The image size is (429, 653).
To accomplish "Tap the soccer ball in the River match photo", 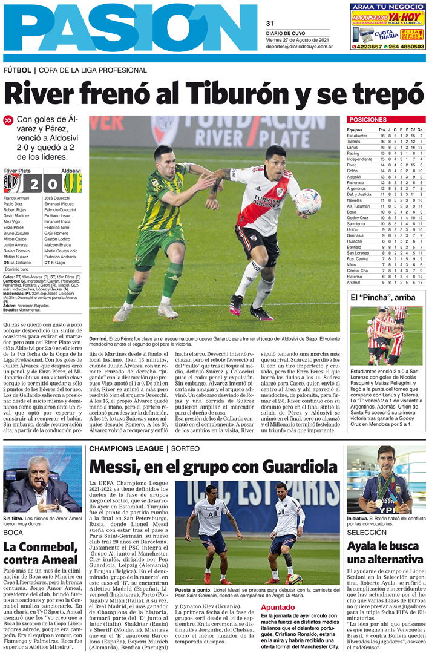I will click(x=309, y=202).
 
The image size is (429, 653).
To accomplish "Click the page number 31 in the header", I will click(x=270, y=24).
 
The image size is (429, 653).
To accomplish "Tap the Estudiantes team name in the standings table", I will click(x=357, y=136).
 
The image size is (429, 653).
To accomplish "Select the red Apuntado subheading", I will click(x=278, y=608).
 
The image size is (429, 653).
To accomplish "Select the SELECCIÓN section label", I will click(x=367, y=532).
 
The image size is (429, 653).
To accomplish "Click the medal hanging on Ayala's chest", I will click(x=378, y=502).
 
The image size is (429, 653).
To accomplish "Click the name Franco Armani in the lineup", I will click(x=16, y=199).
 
